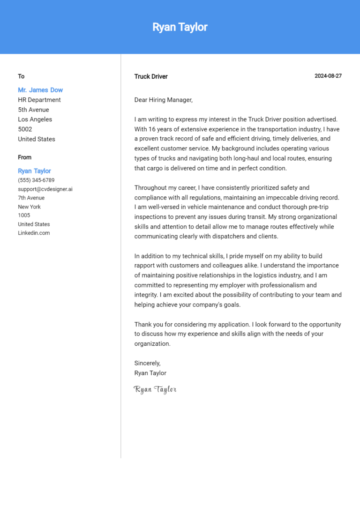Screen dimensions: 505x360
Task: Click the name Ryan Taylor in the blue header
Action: click(x=180, y=27)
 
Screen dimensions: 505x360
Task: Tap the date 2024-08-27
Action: click(x=328, y=76)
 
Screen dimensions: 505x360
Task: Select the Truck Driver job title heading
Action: click(x=150, y=76)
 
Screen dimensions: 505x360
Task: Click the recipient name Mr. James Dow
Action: click(x=40, y=90)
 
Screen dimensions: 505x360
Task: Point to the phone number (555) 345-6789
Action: click(x=36, y=180)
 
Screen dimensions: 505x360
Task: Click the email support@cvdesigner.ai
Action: click(x=45, y=189)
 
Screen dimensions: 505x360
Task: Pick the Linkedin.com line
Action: click(x=34, y=233)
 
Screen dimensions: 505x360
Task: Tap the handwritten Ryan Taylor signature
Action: click(x=155, y=389)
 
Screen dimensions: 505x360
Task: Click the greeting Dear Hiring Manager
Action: click(x=163, y=100)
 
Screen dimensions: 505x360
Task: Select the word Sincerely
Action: click(x=147, y=363)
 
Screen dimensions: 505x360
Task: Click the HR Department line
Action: click(x=39, y=100)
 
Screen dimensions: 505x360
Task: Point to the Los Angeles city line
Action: click(x=35, y=119)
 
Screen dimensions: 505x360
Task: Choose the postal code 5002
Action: click(x=25, y=129)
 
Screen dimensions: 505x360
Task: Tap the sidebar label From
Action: click(x=25, y=157)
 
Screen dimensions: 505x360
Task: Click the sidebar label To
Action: click(x=21, y=76)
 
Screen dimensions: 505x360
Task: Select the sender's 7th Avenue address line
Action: click(x=31, y=198)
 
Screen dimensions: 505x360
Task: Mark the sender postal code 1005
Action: click(x=24, y=215)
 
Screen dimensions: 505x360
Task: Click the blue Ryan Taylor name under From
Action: click(x=35, y=171)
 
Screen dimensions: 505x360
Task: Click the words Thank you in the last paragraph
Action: click(x=148, y=324)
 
